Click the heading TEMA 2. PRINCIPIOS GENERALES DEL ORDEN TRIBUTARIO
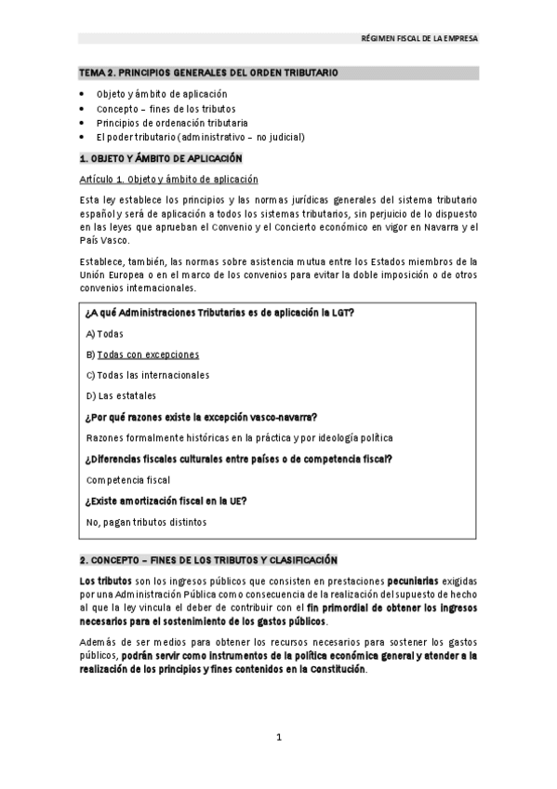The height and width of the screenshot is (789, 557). pos(208,72)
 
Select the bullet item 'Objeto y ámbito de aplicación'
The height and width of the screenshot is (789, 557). pos(161,94)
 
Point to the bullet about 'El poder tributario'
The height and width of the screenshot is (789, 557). pos(200,136)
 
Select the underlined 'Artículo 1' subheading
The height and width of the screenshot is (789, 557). pos(168,180)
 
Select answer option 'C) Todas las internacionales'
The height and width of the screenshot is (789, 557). pos(147,375)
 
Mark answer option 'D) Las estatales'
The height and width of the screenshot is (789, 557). pos(121,395)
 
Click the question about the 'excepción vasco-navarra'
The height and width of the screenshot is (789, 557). pos(201,416)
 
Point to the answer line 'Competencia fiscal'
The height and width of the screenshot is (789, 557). pos(127,480)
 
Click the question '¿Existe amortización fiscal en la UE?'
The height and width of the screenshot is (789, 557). pos(166,501)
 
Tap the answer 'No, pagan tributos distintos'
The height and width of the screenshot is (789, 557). pos(146,522)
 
